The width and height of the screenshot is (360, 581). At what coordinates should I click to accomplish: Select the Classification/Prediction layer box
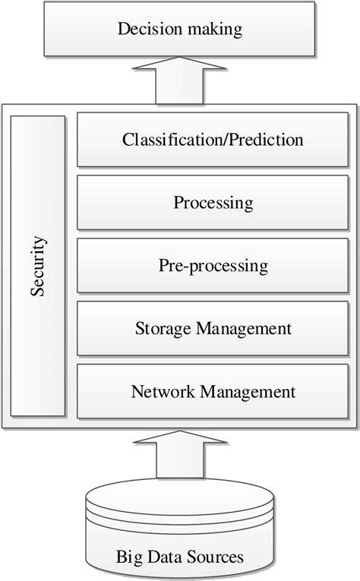click(213, 141)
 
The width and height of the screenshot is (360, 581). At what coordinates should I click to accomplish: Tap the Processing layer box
click(213, 204)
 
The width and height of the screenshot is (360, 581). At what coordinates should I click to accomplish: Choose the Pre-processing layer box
click(213, 266)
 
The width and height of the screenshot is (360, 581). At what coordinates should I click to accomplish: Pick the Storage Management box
click(213, 329)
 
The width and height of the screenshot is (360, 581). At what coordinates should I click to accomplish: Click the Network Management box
click(213, 392)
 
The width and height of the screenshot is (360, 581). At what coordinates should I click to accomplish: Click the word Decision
click(147, 30)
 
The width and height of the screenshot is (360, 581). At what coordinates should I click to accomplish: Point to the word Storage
click(163, 329)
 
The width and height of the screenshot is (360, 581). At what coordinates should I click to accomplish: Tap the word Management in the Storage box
click(244, 329)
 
